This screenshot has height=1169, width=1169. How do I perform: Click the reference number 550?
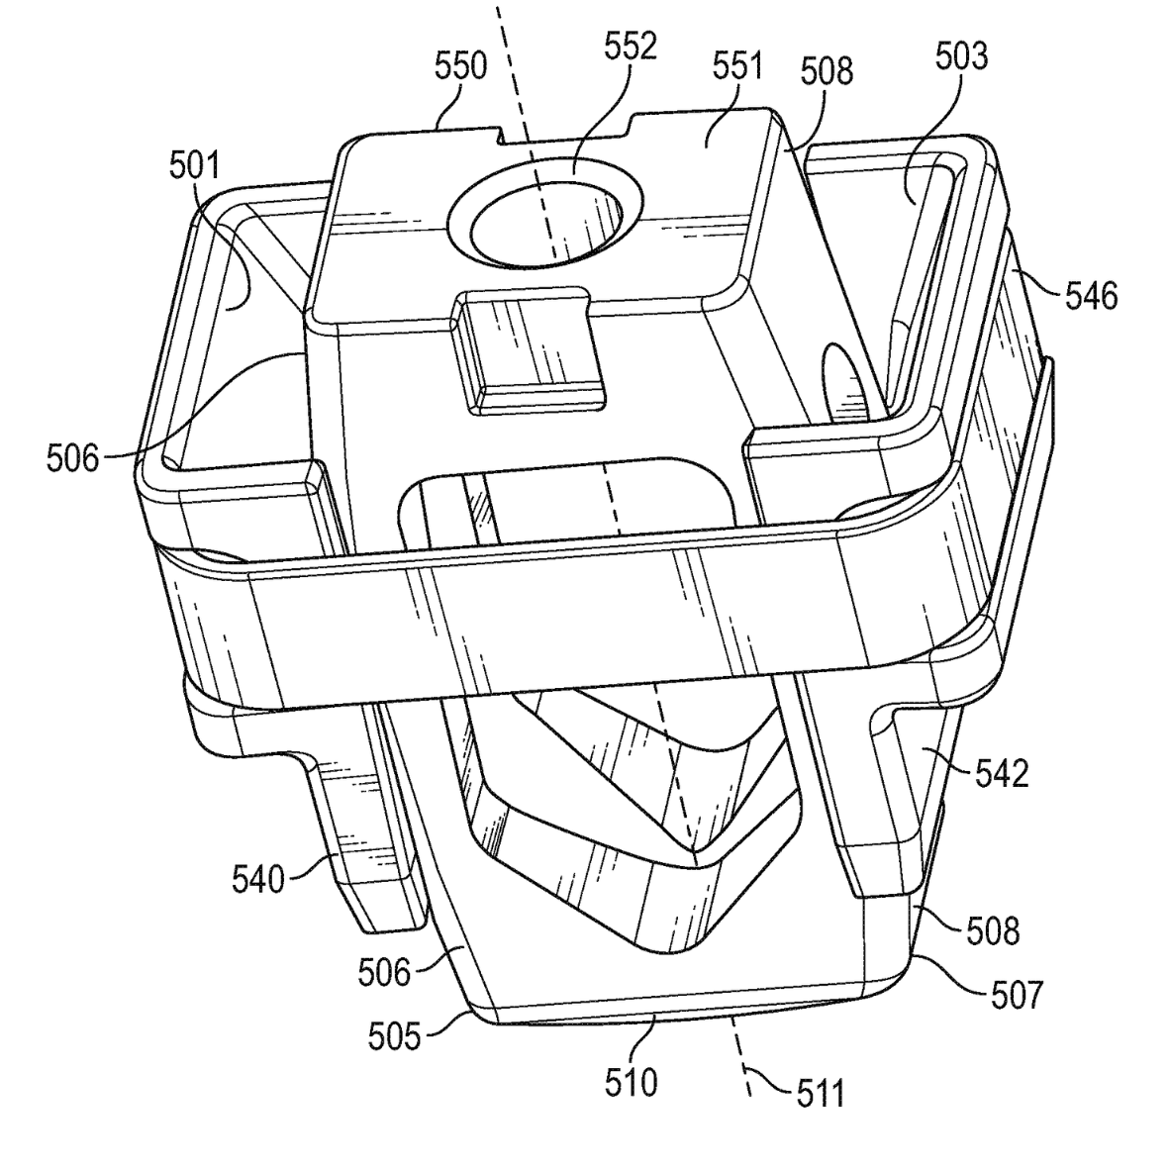[461, 66]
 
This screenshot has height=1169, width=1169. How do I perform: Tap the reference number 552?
[631, 47]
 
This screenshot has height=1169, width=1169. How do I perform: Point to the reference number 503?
[962, 56]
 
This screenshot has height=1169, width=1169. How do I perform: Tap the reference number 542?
[1001, 773]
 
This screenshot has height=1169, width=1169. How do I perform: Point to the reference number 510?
[631, 1082]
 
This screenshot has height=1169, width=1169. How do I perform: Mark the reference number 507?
[1017, 994]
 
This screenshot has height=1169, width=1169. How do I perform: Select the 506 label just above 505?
[384, 973]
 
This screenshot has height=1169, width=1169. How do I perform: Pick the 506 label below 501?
[72, 458]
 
